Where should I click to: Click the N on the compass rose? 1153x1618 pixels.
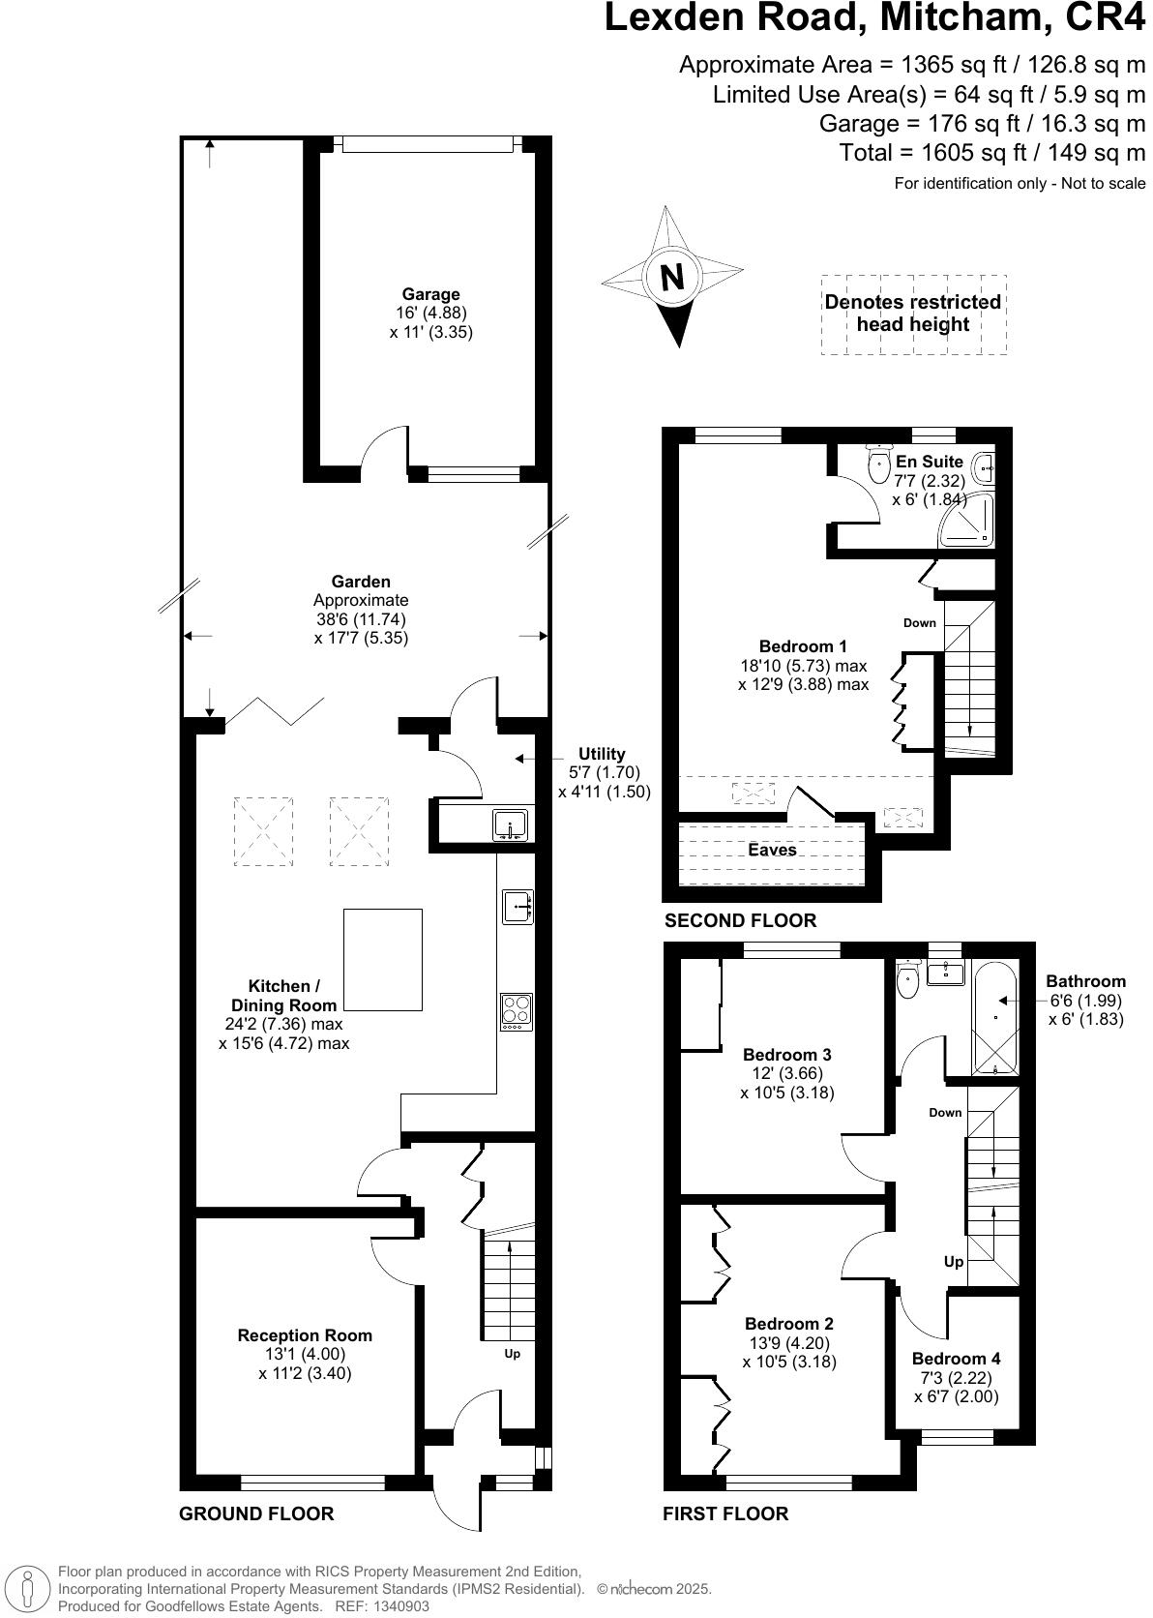click(x=671, y=278)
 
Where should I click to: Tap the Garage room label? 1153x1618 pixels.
click(x=431, y=294)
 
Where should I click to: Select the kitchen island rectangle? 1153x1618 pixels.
click(x=383, y=959)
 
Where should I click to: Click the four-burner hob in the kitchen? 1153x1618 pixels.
click(x=517, y=1011)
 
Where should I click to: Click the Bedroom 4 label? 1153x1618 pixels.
click(x=956, y=1359)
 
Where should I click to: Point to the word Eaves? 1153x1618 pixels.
click(x=772, y=850)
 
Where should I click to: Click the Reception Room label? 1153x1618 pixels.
click(x=305, y=1335)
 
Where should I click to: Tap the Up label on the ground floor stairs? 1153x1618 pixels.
click(x=512, y=1354)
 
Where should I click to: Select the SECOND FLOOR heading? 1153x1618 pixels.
click(x=740, y=920)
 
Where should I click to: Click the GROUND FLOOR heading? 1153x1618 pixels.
click(x=256, y=1513)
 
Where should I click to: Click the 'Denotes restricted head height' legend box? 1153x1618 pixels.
click(x=913, y=314)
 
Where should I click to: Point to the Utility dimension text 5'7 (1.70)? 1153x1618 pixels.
click(x=604, y=772)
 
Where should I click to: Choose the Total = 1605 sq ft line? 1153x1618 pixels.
click(x=992, y=152)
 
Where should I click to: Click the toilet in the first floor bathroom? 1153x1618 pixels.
click(x=907, y=981)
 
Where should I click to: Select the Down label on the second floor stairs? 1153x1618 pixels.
click(x=920, y=622)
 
